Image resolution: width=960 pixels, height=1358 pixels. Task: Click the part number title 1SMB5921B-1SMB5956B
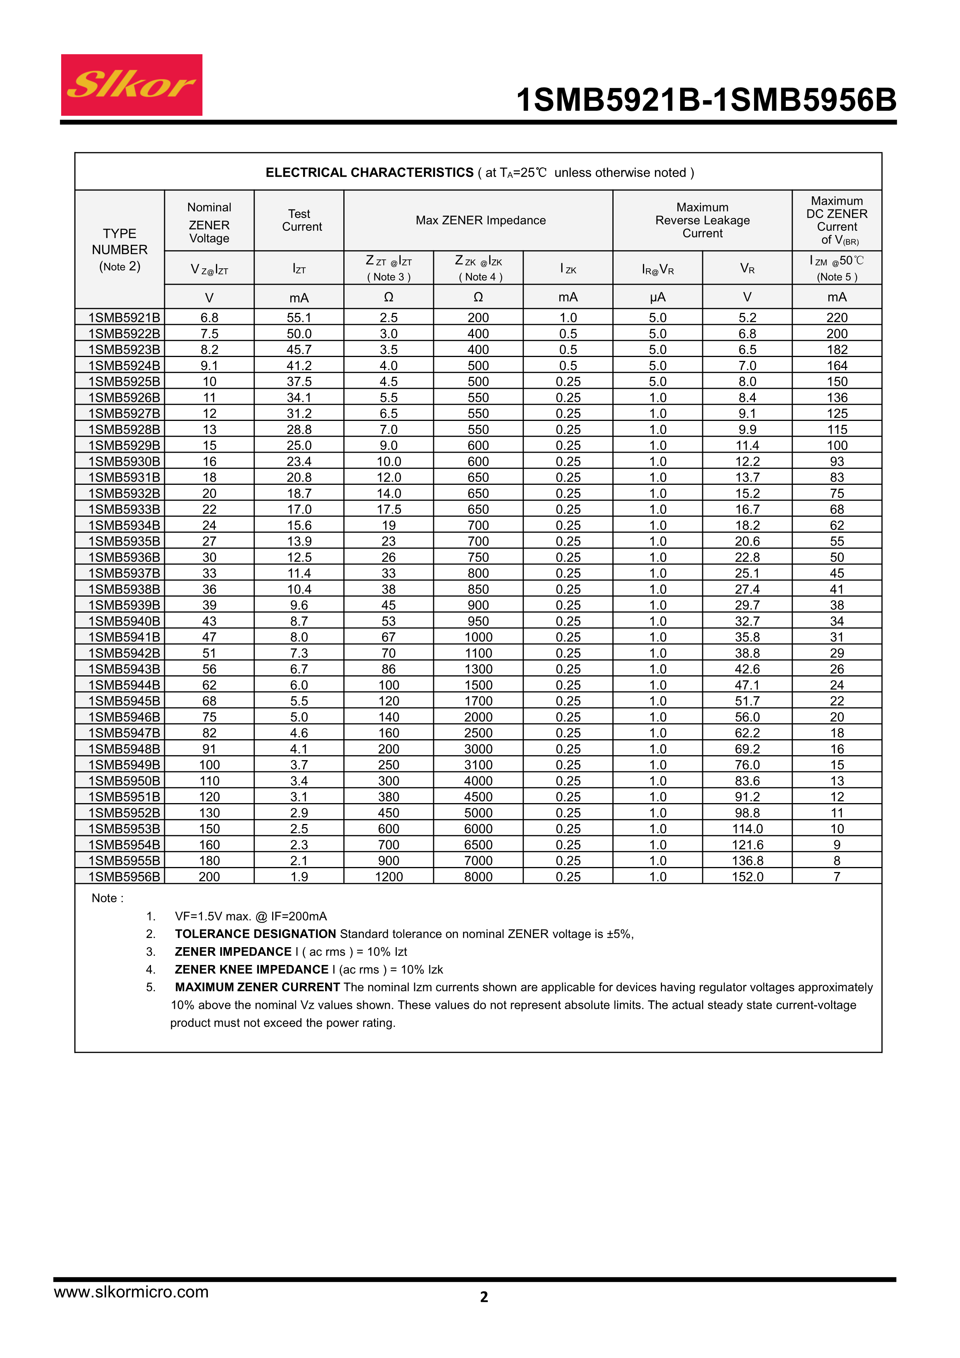click(x=706, y=100)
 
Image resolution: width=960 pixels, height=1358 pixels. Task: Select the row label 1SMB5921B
click(x=124, y=318)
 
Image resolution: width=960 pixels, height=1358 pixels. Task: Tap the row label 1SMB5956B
click(x=124, y=877)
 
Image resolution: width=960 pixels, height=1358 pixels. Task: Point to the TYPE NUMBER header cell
click(x=119, y=249)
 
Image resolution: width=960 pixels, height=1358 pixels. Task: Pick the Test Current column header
click(x=301, y=220)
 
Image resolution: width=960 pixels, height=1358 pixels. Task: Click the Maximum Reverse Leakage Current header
click(x=702, y=220)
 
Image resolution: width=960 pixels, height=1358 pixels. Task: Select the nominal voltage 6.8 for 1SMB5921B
click(x=209, y=318)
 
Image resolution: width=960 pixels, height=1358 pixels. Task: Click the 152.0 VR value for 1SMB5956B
click(x=747, y=877)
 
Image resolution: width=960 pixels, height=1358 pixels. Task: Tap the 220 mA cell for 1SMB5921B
click(x=837, y=318)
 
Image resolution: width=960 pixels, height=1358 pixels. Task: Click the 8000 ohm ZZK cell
click(x=478, y=877)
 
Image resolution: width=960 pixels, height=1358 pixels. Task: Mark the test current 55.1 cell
click(x=299, y=318)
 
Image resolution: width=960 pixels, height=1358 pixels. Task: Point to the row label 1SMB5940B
click(x=124, y=621)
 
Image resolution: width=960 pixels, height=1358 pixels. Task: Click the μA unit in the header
click(x=657, y=297)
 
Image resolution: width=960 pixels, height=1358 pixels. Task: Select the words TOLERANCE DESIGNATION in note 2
click(x=255, y=934)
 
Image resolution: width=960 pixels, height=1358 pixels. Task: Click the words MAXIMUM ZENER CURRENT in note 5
click(x=257, y=987)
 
